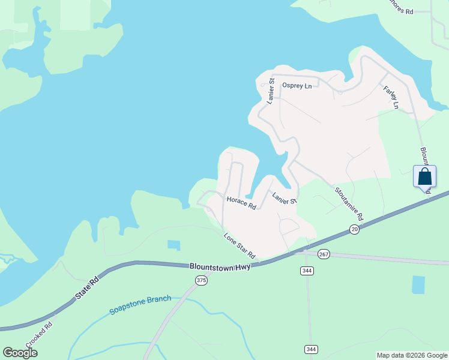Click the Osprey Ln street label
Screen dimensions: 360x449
[x=297, y=86]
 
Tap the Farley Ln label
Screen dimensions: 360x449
[x=391, y=97]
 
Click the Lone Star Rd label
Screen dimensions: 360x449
[x=240, y=245]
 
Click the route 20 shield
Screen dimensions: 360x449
[x=355, y=230]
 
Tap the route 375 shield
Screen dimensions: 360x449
[x=201, y=280]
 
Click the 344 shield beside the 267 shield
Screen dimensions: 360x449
[x=307, y=271]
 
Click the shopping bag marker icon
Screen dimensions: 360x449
[x=425, y=177]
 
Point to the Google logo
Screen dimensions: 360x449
[x=20, y=353]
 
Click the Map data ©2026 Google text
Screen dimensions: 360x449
[x=412, y=355]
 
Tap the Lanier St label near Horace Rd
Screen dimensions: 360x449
[x=285, y=198]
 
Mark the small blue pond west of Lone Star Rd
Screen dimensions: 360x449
[x=173, y=245]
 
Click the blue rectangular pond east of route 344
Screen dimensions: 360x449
[x=418, y=284]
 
